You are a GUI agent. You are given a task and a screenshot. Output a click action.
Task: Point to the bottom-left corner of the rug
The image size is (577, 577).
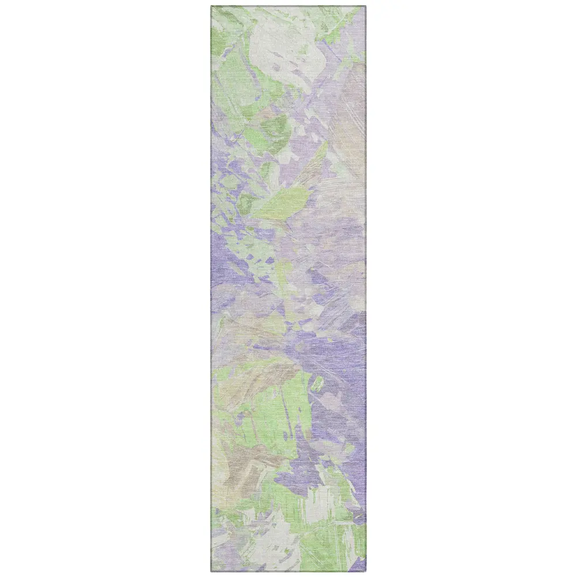coord(212,571)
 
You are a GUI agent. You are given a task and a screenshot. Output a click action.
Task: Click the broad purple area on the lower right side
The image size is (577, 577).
coord(340,369)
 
